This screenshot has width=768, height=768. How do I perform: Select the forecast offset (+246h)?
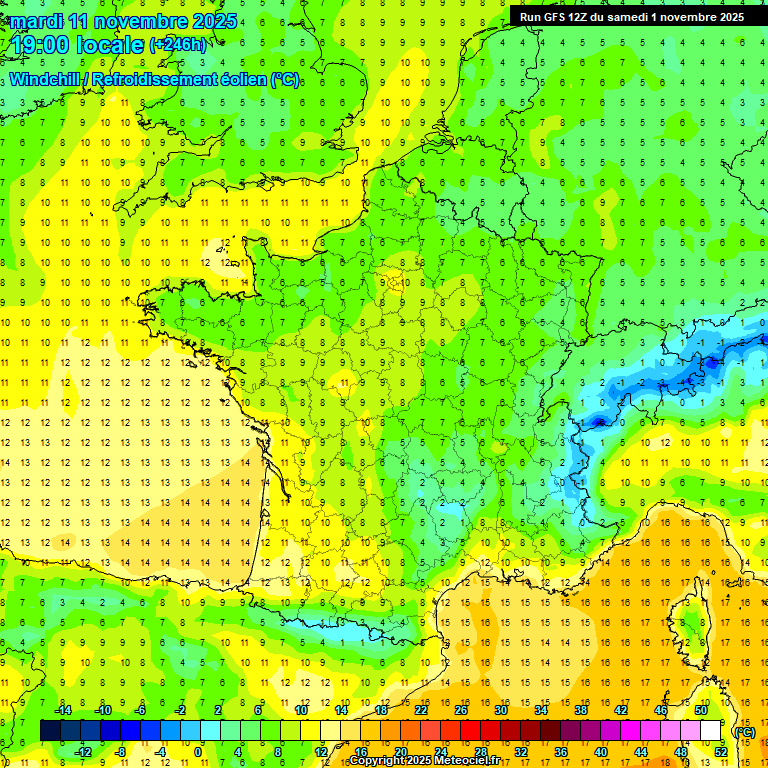[x=178, y=45]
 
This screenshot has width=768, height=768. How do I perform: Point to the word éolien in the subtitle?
[x=241, y=79]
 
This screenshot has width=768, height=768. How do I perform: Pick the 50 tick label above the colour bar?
[x=700, y=710]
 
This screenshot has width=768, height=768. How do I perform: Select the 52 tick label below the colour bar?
[x=720, y=752]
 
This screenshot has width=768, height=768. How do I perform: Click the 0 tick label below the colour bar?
[x=198, y=752]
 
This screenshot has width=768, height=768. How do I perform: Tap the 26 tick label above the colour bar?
[x=461, y=710]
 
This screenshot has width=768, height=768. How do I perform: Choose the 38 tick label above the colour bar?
[x=581, y=710]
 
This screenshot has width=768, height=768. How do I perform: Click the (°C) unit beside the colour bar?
[x=745, y=732]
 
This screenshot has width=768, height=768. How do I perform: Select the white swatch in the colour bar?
[x=710, y=731]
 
